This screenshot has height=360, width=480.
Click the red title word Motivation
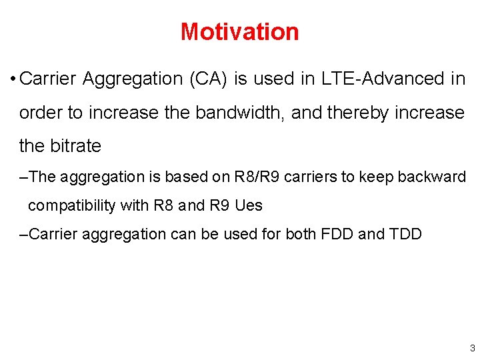pyautogui.click(x=239, y=31)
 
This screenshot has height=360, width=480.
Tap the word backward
pyautogui.click(x=433, y=177)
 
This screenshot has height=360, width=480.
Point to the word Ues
pyautogui.click(x=248, y=205)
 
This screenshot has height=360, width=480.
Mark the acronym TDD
pyautogui.click(x=403, y=234)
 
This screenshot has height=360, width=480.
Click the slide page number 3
pyautogui.click(x=472, y=348)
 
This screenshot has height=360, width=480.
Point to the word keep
pyautogui.click(x=376, y=177)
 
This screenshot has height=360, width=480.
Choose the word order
pyautogui.click(x=41, y=113)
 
